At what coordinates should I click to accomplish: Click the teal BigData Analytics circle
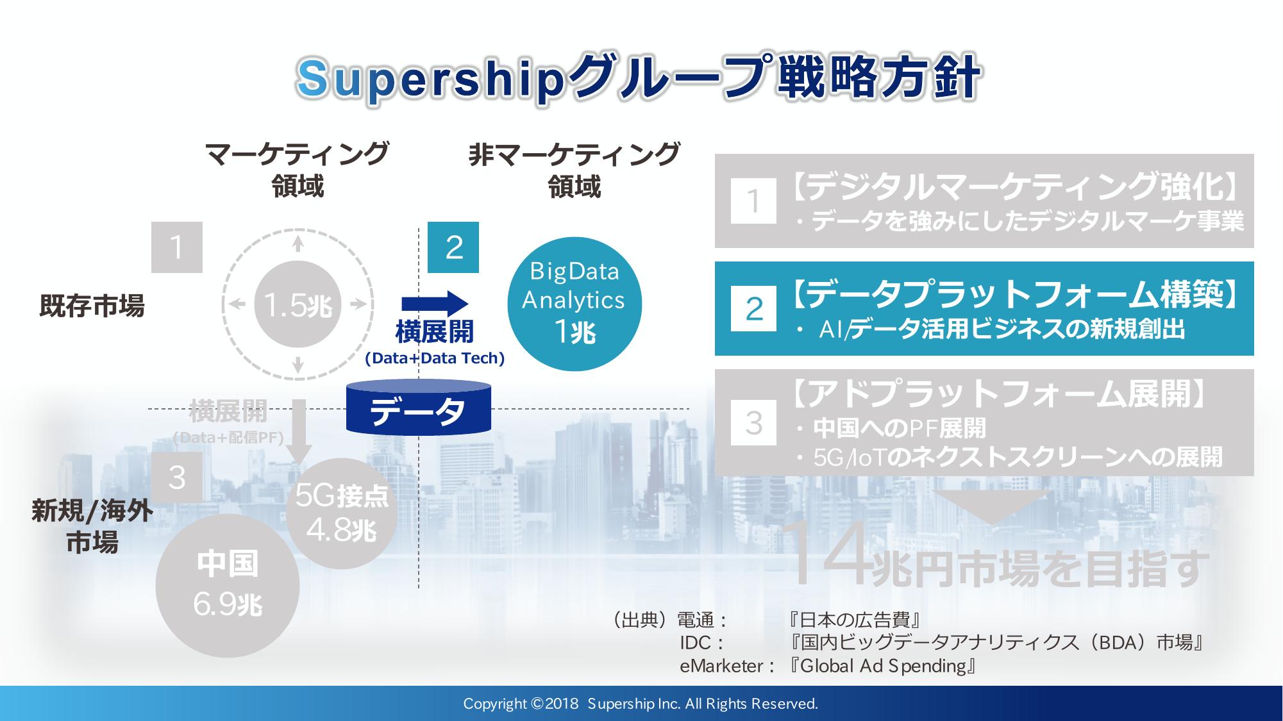tap(574, 303)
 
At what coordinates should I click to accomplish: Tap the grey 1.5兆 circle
tap(298, 304)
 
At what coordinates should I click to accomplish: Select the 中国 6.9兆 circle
tap(228, 586)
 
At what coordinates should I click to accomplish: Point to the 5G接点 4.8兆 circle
tap(340, 513)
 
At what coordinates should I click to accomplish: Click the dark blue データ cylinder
tap(418, 407)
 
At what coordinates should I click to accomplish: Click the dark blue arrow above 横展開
tap(435, 304)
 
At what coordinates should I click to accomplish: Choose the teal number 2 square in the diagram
tap(453, 247)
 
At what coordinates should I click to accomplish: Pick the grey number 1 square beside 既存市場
tap(177, 247)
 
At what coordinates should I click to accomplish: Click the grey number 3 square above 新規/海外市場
tap(177, 477)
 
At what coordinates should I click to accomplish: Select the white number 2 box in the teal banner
tap(753, 309)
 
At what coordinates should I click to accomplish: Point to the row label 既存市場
tap(92, 306)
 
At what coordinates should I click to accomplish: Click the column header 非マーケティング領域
tap(574, 170)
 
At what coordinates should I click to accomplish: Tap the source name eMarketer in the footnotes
tap(721, 667)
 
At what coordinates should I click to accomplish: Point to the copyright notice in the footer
tap(641, 704)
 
